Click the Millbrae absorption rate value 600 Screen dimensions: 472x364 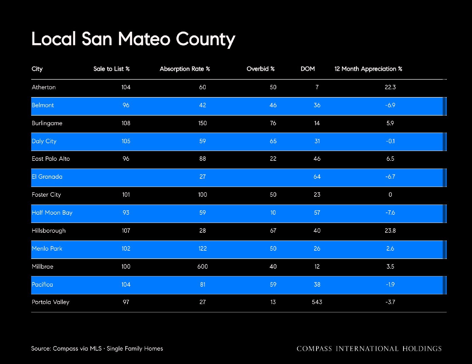coord(203,266)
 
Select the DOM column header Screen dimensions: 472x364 coord(308,69)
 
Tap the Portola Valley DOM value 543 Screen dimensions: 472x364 coord(317,302)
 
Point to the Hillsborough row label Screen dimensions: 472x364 coord(49,231)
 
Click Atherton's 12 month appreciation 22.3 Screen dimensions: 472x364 coord(390,87)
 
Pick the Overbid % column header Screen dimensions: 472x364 coord(260,69)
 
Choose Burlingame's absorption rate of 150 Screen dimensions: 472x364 coord(203,123)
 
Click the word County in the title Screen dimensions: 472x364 coord(205,39)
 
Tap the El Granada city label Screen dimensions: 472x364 coord(47,177)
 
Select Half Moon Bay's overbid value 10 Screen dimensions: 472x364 coord(273,213)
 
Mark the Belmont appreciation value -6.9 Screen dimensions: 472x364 coord(390,105)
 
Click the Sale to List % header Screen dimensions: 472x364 coord(112,69)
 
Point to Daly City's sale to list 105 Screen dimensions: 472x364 coord(126,141)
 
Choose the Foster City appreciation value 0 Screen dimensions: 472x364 coord(390,195)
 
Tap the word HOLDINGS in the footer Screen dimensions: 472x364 coord(422,349)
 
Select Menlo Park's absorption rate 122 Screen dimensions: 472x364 coord(203,248)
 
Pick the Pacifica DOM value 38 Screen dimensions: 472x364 coord(317,284)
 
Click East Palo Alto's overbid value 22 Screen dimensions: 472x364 coord(273,159)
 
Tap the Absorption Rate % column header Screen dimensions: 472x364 coord(185,69)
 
